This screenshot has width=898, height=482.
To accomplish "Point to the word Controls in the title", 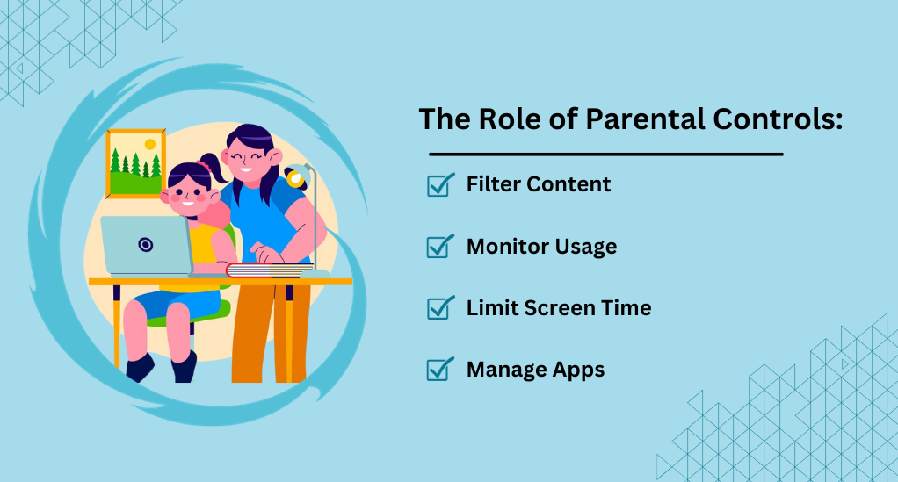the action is [778, 119].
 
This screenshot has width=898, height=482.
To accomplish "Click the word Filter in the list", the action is [493, 184].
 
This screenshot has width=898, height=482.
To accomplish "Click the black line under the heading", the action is [606, 154].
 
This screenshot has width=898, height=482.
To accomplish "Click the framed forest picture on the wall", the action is [135, 163].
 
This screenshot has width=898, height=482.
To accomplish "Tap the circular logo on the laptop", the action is [146, 245].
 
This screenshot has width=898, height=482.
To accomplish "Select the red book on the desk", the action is [269, 270].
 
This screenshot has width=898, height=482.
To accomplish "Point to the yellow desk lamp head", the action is [296, 176].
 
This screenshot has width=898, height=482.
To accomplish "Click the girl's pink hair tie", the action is [204, 166].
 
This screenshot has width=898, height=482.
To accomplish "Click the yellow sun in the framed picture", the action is [150, 144].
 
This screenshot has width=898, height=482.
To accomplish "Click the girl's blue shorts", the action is [177, 304].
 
